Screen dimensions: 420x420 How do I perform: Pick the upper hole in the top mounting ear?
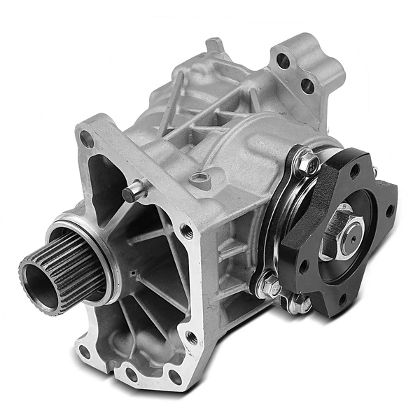[x=283, y=61]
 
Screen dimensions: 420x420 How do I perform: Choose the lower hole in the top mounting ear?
[x=306, y=86]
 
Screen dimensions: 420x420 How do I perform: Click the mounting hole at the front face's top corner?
[x=87, y=140]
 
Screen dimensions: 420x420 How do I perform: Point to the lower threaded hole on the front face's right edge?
[x=190, y=337]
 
